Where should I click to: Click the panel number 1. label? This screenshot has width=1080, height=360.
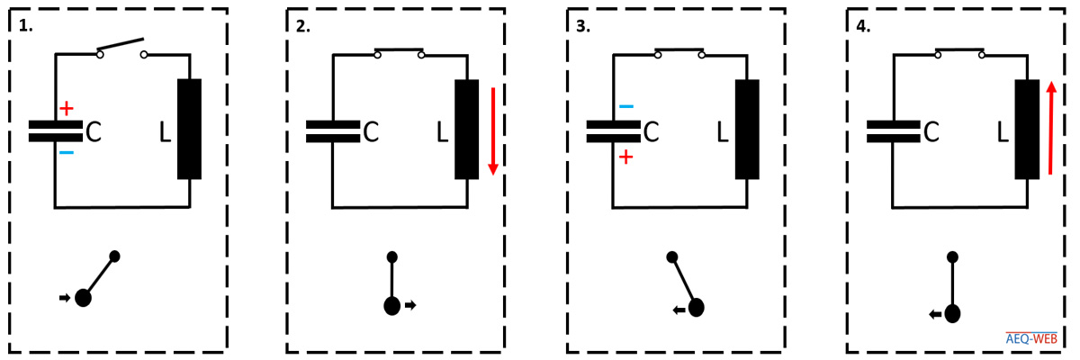[25, 26]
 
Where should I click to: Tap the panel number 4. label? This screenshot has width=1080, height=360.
[863, 26]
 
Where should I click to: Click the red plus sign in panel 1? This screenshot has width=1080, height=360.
[67, 108]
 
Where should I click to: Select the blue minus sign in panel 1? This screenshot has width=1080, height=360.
[67, 153]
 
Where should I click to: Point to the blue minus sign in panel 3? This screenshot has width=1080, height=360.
[626, 106]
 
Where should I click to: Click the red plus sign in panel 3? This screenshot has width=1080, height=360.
[625, 157]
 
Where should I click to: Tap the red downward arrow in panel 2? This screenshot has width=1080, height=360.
[493, 131]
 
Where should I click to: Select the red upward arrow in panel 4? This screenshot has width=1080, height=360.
[1051, 128]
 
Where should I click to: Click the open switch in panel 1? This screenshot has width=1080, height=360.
[121, 49]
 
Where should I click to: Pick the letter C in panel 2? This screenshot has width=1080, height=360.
[371, 131]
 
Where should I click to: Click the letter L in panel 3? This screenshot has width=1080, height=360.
[722, 131]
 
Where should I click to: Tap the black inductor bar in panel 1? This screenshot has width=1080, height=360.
[190, 130]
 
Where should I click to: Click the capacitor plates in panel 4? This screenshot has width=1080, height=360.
[894, 131]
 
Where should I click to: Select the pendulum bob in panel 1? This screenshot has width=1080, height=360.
[83, 298]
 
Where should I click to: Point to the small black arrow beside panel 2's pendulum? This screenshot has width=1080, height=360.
[410, 305]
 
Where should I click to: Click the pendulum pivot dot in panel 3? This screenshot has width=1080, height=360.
[672, 256]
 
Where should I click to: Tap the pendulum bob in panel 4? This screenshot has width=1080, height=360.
[952, 314]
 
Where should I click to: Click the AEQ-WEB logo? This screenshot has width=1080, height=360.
[1031, 338]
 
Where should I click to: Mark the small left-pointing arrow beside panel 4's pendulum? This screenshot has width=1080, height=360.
[935, 315]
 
